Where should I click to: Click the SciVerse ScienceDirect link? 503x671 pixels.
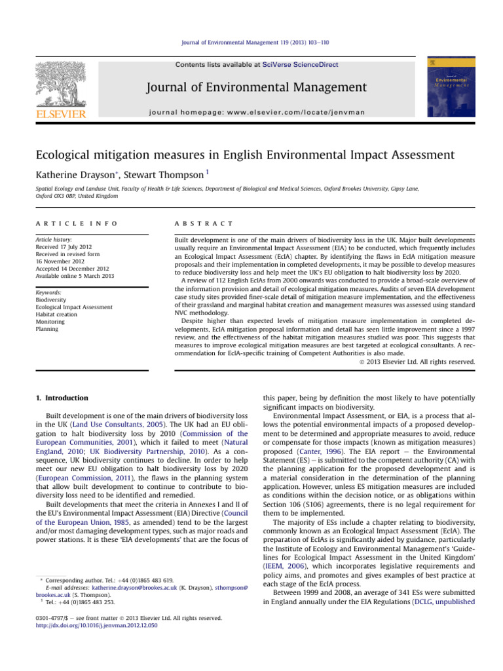point(310,65)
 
